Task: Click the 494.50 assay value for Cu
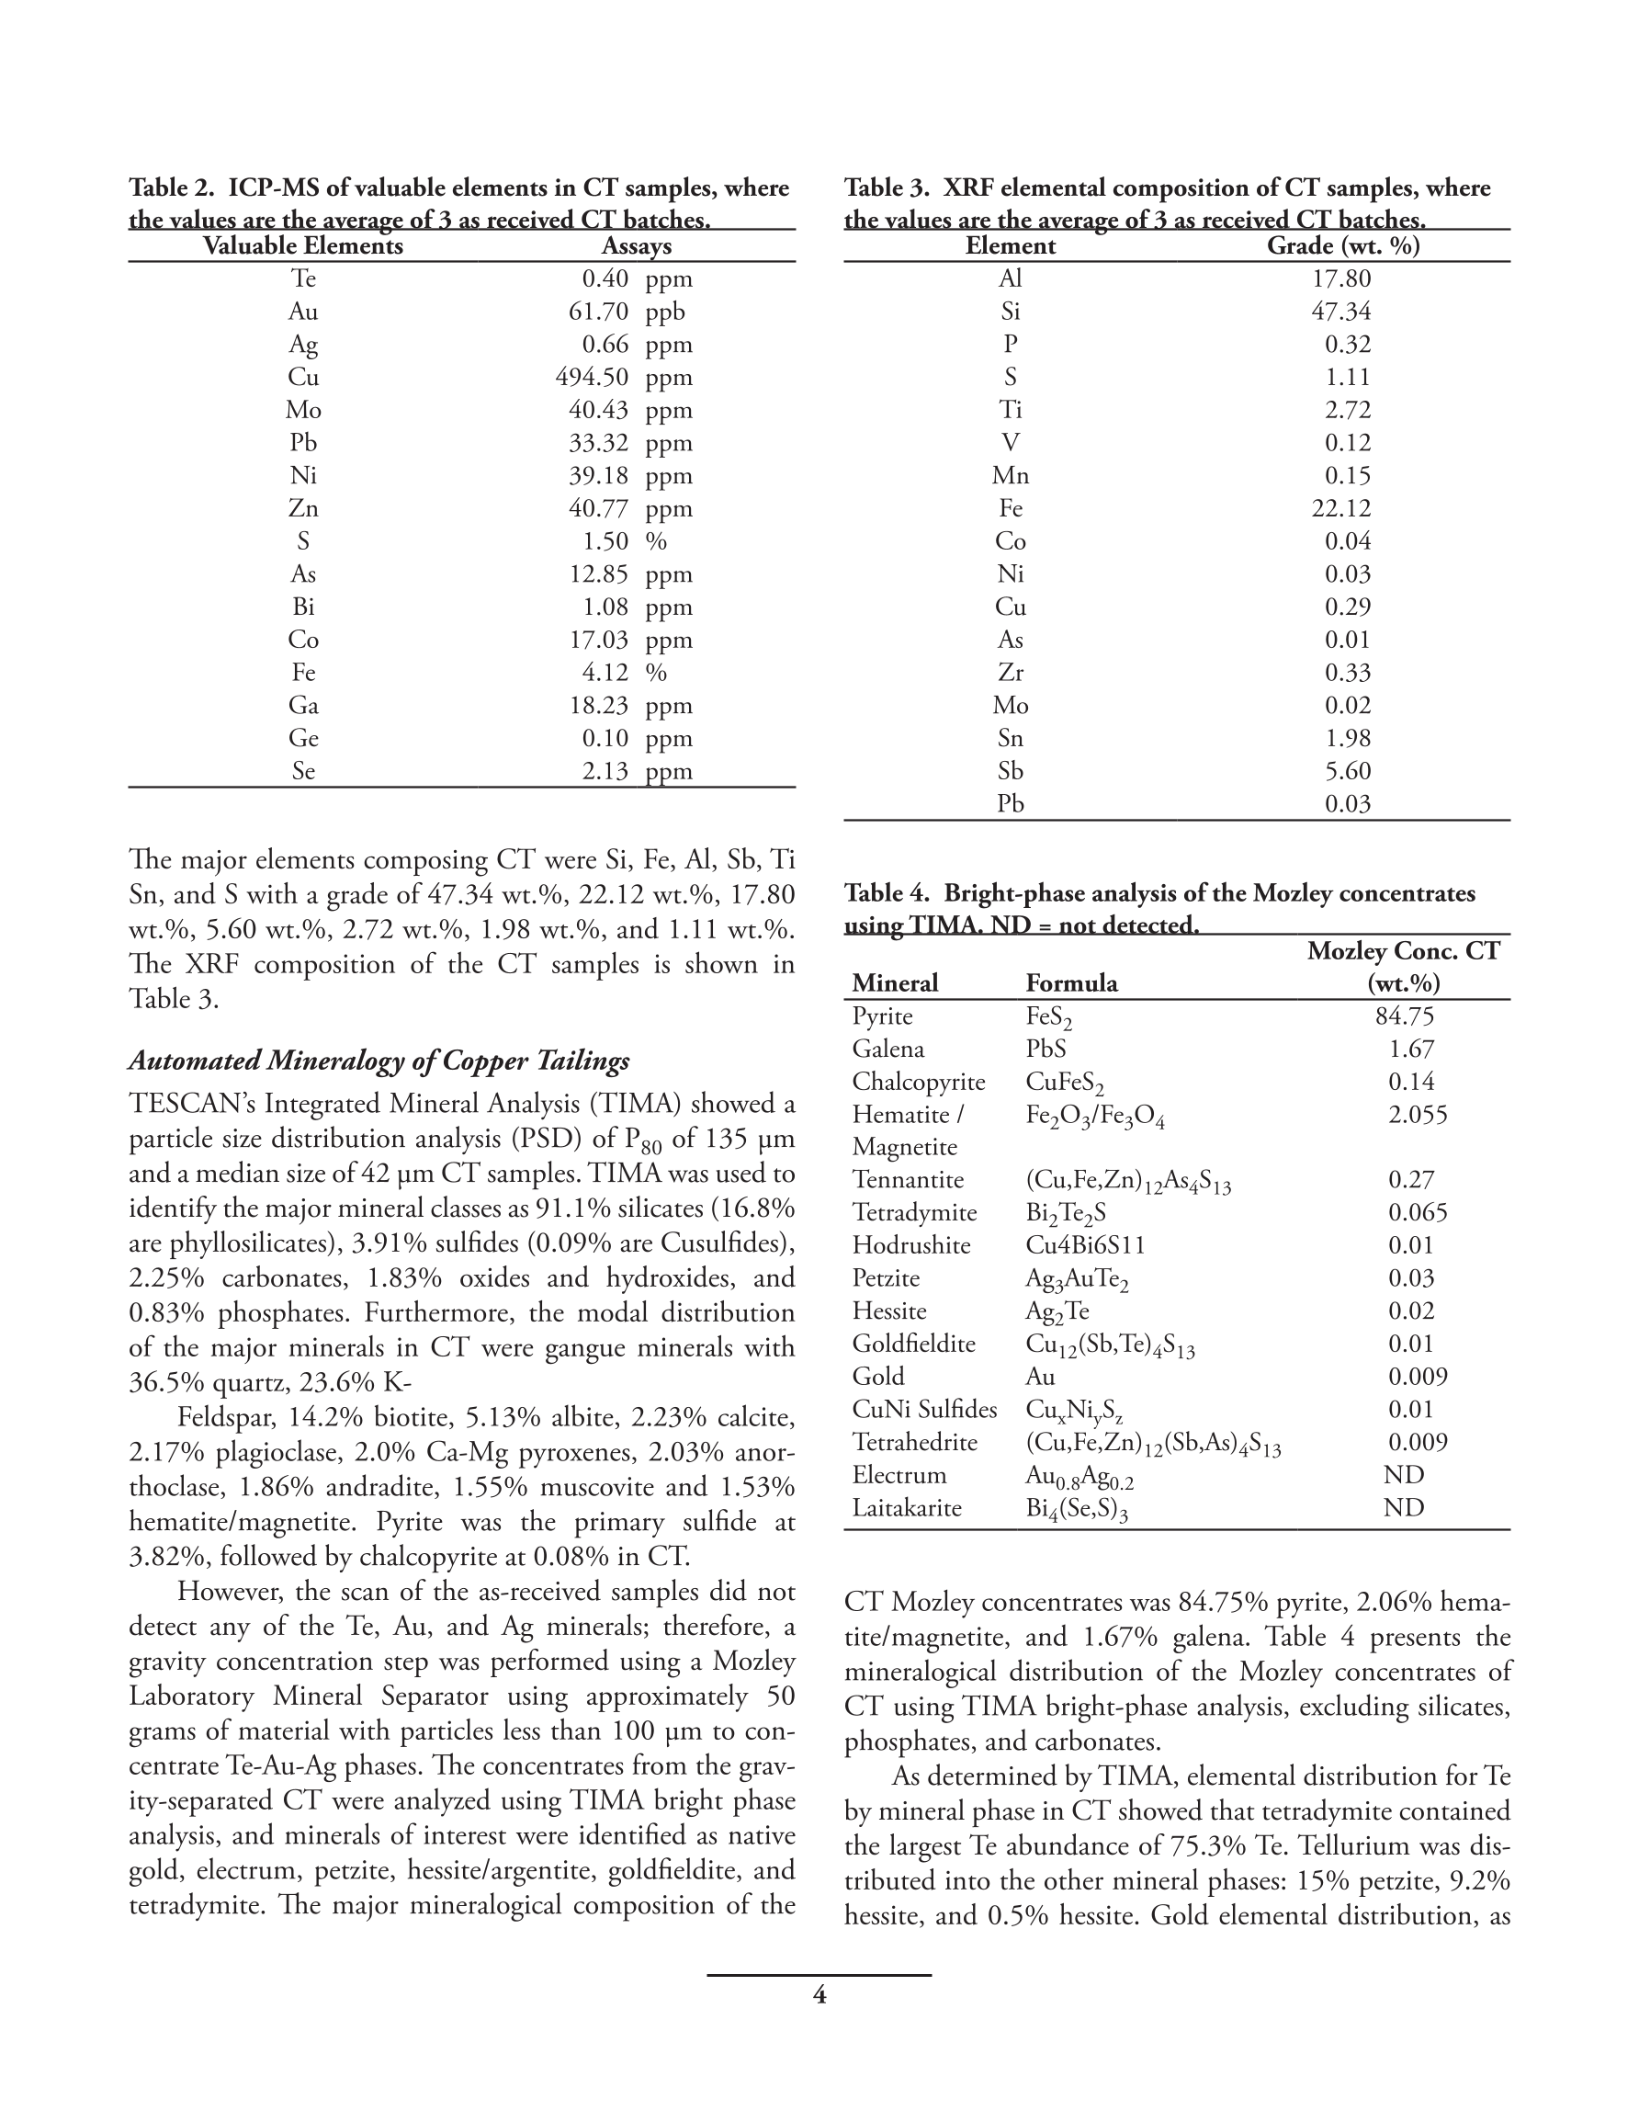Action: [592, 377]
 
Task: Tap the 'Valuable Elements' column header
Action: [302, 245]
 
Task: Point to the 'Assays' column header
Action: [637, 245]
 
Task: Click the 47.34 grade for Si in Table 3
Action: [1340, 312]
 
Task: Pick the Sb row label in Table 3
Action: [1011, 770]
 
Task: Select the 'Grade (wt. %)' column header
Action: [1342, 245]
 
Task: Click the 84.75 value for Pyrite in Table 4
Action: [1404, 1016]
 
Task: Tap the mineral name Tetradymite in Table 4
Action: [914, 1212]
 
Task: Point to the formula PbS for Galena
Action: [1046, 1050]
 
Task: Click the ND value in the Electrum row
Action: [1403, 1475]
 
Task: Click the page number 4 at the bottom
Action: [819, 1995]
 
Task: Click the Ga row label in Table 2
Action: [303, 706]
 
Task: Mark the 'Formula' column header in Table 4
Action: [1071, 983]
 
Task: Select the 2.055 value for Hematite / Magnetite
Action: [1418, 1115]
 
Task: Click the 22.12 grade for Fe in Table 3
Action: [1340, 508]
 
